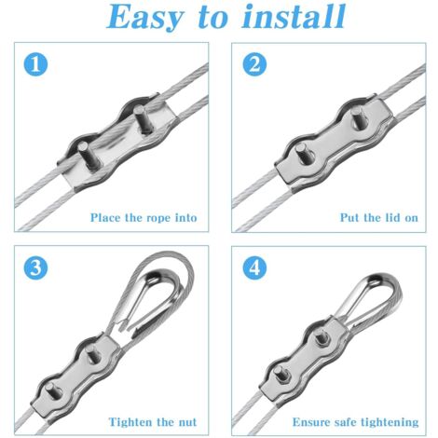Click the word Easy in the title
coord(145,17)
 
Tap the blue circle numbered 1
coord(35,64)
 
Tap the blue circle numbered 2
coord(254,64)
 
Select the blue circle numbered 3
coord(35,267)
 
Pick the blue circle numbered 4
coord(254,267)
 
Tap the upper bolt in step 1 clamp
coord(142,119)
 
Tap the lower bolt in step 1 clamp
coord(89,157)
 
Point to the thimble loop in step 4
coord(370,297)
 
